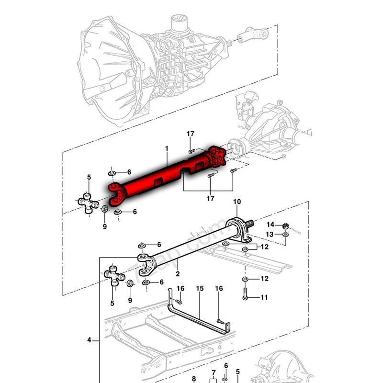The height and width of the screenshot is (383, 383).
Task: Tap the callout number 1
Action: tap(167, 149)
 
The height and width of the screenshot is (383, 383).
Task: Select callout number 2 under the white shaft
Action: tap(177, 274)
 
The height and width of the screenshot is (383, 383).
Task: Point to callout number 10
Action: tap(237, 202)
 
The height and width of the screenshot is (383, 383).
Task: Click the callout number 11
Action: tap(264, 297)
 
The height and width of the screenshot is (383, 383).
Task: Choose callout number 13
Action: tap(270, 234)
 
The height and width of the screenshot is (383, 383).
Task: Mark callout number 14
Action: tap(270, 225)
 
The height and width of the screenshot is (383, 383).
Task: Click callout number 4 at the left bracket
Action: tap(89, 340)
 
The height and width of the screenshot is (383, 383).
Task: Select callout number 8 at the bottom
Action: tap(194, 379)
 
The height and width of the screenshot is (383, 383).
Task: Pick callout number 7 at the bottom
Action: tap(214, 373)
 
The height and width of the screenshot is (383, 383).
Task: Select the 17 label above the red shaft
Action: tap(191, 134)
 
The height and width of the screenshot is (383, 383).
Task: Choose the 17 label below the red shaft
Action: tap(211, 198)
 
